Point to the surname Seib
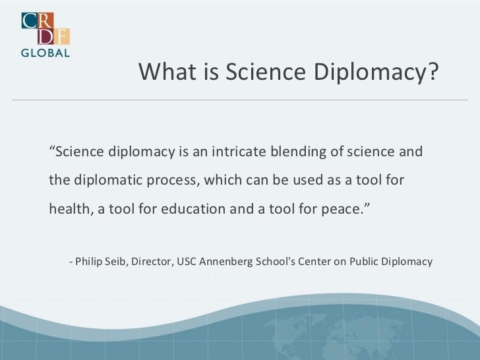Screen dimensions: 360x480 (117, 262)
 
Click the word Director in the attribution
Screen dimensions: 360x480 (150, 262)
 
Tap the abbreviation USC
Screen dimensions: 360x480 (187, 262)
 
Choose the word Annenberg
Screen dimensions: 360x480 (228, 262)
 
